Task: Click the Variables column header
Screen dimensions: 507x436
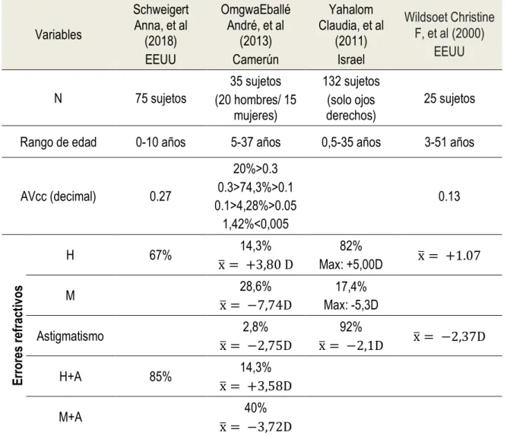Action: (59, 35)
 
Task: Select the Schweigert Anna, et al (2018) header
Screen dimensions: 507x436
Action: (160, 34)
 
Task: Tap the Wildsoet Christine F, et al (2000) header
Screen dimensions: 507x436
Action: (449, 34)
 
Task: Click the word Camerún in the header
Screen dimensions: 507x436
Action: (255, 59)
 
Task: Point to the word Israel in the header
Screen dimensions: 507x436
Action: (351, 59)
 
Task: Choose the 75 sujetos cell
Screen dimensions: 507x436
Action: (160, 98)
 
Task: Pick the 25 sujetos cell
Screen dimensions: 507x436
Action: (449, 98)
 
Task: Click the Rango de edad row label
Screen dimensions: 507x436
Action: (59, 142)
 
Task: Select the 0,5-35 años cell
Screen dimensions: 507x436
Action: (351, 142)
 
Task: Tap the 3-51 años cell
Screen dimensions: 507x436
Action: (449, 142)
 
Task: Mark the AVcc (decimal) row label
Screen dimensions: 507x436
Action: (59, 196)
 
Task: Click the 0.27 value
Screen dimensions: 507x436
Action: (160, 196)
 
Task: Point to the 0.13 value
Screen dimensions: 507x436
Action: (449, 196)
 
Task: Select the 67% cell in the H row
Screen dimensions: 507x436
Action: (160, 255)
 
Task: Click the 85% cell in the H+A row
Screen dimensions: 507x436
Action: (160, 377)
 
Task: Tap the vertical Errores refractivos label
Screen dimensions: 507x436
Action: (17, 336)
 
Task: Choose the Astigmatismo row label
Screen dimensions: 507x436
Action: (70, 336)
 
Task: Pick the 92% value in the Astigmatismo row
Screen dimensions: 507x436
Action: (351, 327)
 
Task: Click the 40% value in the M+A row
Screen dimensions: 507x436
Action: (255, 408)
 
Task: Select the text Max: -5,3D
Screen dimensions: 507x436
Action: (351, 305)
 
